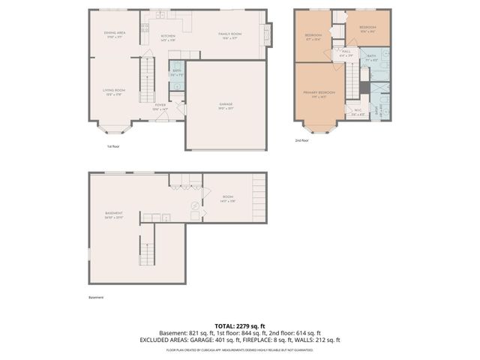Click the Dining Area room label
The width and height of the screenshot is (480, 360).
point(114,34)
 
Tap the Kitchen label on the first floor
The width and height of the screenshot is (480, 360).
point(168,35)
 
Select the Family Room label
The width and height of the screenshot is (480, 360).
point(230,35)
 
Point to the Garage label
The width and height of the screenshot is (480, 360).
point(225,105)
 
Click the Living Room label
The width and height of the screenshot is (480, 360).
point(114,91)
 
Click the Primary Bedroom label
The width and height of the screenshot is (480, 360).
point(319,94)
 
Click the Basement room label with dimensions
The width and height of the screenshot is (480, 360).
point(114,215)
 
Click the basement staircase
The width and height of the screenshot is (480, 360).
point(146,251)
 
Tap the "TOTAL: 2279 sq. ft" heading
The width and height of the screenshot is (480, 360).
point(239,326)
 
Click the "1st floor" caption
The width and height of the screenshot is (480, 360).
point(112,146)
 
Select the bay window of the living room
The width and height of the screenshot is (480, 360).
point(114,125)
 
